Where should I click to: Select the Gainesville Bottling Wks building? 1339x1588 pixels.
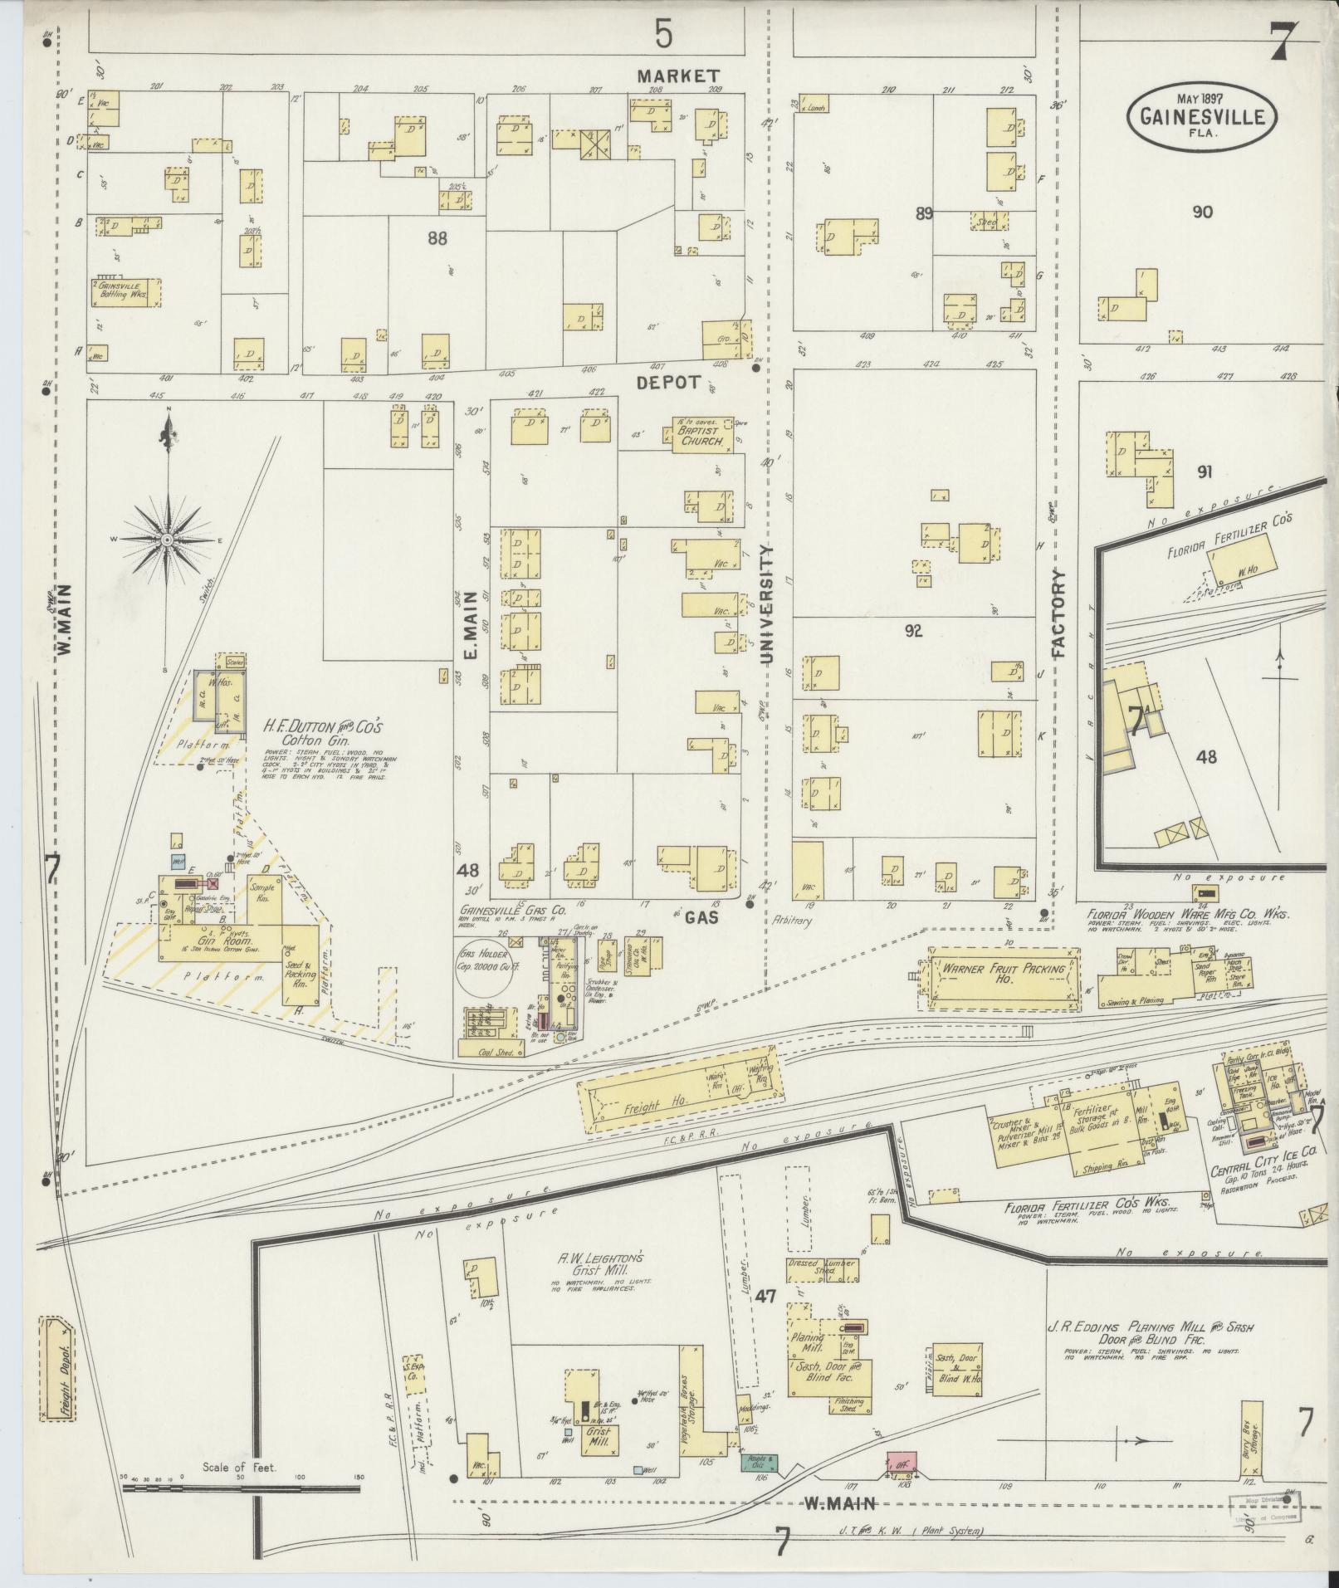point(125,291)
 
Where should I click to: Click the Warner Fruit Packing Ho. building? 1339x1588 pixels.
point(1001,980)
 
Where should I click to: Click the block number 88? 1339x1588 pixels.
point(437,238)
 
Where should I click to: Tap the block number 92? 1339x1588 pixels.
point(913,630)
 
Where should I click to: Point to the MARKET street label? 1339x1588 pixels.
point(678,76)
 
